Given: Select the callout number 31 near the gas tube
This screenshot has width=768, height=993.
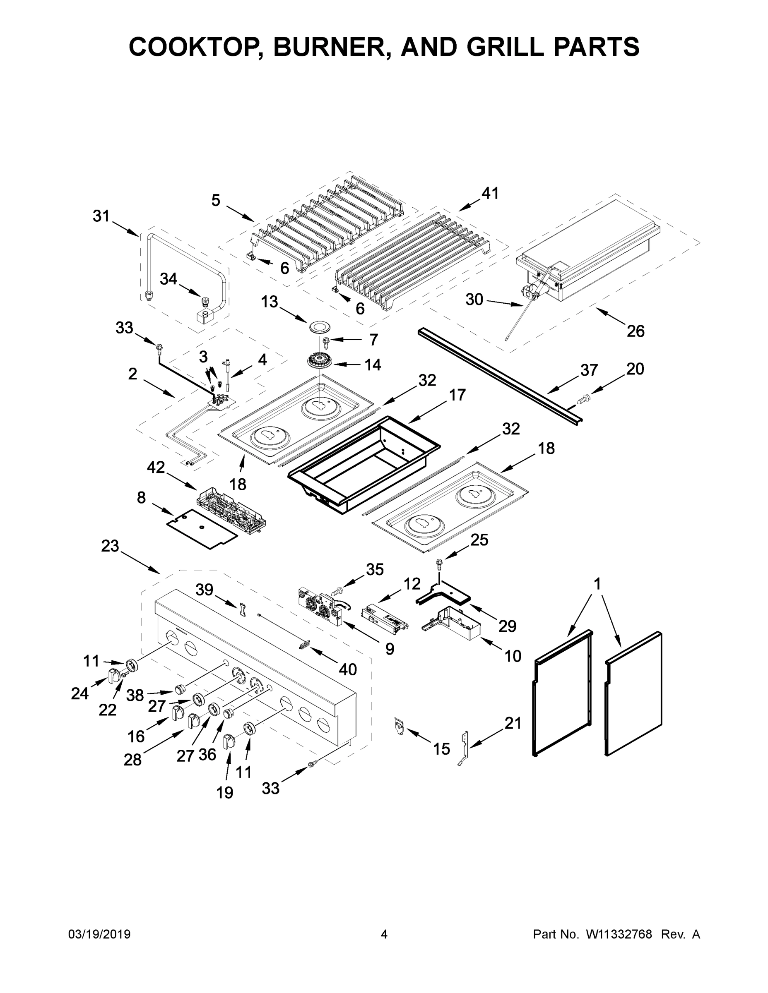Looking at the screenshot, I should click(101, 216).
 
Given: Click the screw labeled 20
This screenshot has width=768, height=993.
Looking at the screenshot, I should click(583, 399).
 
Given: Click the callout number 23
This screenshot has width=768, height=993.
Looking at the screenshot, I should click(110, 546).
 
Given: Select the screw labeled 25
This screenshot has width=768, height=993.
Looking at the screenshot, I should click(439, 564).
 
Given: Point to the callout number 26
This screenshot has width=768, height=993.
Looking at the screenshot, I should click(635, 331).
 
